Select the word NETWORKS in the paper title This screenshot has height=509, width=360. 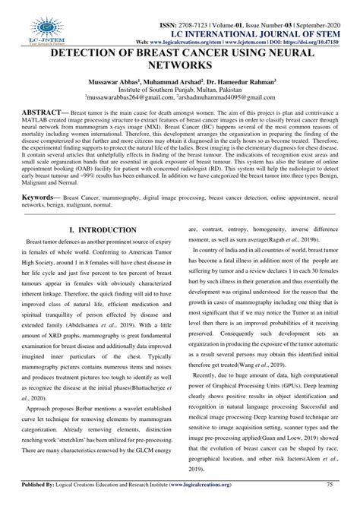(x=180, y=68)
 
